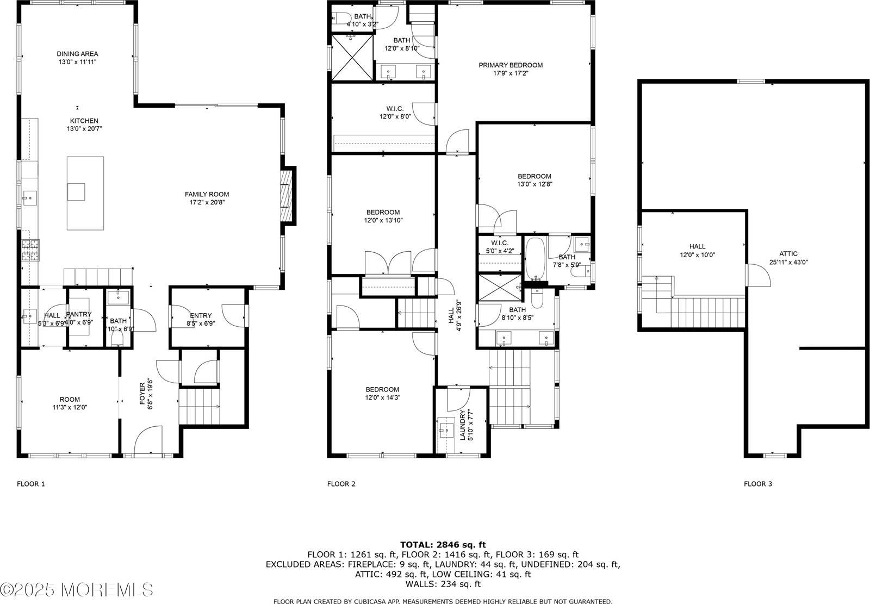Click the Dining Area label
coord(77,54)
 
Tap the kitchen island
coord(85,193)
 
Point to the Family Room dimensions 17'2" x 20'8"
coord(207,202)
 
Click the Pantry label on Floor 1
coord(79,314)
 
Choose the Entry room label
coord(201,316)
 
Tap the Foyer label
coord(142,393)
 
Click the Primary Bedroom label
coord(511,65)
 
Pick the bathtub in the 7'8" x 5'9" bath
coord(536,258)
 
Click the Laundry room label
coord(463,425)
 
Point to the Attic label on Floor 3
coord(788,254)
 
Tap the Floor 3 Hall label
coord(697,247)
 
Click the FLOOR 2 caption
coord(341,484)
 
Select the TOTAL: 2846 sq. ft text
coord(443,544)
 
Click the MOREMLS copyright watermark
coord(77,589)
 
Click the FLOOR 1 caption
coord(31,484)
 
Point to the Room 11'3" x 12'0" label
coord(70,400)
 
